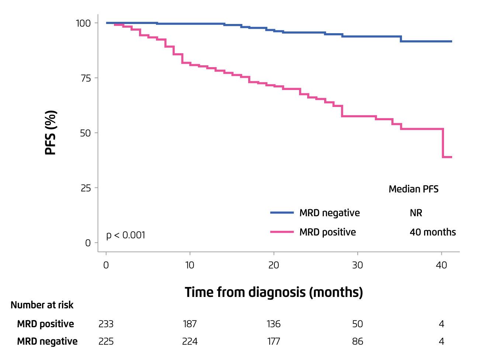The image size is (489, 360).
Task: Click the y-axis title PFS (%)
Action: point(51,132)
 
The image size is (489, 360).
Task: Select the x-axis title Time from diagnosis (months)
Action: point(274,292)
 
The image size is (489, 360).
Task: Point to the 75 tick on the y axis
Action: point(86,78)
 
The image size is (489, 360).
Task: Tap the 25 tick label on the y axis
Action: point(86,188)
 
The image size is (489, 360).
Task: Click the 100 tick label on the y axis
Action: point(83,23)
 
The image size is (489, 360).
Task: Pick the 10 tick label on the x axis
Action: point(190,265)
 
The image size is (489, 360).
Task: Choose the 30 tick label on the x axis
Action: point(357,265)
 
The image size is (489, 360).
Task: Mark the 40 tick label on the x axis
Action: point(441,265)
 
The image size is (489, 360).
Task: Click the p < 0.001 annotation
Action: point(126,235)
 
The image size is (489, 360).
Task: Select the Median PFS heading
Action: point(413,189)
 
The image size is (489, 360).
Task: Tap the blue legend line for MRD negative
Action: point(282,213)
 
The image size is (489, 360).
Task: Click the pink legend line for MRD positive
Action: point(282,232)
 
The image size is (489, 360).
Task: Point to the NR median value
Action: point(416,213)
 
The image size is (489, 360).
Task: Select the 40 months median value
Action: point(433,232)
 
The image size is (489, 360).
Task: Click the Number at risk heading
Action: point(42,305)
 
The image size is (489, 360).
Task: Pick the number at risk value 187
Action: point(190,324)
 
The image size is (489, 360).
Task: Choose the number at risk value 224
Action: point(190,342)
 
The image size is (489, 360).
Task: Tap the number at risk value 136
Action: point(274,324)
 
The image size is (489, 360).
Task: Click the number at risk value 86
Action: point(357,342)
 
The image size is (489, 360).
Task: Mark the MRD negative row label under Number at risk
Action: point(47,342)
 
